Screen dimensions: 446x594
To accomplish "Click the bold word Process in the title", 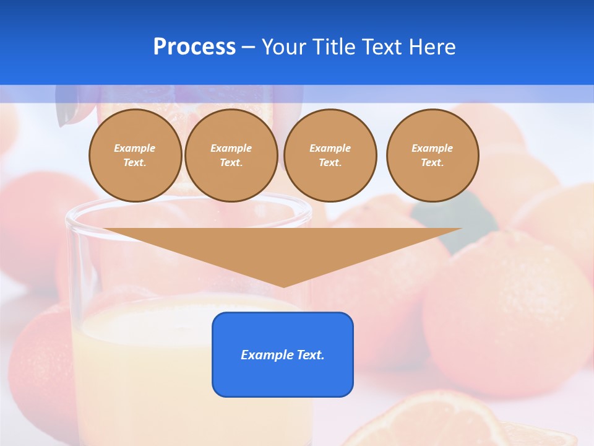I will pos(194,47).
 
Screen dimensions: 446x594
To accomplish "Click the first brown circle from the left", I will pos(136,155).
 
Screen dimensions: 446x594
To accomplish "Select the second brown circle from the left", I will pos(231,155).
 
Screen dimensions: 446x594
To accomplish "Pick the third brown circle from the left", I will pos(330,155).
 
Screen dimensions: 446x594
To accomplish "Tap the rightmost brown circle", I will pos(433,155).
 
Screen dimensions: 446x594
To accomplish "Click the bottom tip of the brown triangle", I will pos(284,285).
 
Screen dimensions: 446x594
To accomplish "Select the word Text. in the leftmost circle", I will pos(135,163).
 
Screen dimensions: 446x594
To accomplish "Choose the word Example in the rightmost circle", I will pos(432,148).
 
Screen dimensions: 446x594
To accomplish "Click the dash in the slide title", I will pos(248,47).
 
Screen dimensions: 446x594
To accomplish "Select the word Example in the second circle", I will pos(231,148).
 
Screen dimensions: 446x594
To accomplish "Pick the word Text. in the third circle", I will pos(330,163).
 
